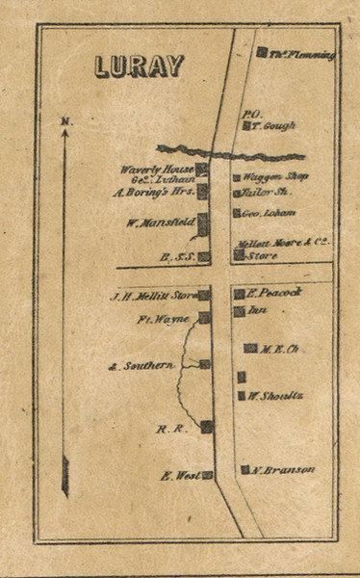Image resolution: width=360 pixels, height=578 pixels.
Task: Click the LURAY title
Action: coord(140,66)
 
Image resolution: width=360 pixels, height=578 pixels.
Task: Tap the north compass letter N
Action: coord(65,121)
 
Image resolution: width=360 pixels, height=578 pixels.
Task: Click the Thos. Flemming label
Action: coord(302,56)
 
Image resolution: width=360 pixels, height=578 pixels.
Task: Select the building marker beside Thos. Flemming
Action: coord(262,52)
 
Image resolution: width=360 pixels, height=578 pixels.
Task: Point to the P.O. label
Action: coord(253,113)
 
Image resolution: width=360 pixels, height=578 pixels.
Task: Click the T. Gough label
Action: coord(273,126)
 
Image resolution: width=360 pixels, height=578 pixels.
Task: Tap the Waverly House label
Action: coord(157,170)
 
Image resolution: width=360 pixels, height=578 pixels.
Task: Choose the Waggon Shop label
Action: coord(275,177)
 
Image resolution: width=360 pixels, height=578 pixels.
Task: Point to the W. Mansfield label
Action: coord(160,223)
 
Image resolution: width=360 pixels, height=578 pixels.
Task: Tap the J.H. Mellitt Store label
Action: coord(152,296)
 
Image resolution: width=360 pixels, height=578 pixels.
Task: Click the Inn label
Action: coord(257,311)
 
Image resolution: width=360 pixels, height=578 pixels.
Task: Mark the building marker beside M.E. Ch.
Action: coord(249,348)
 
